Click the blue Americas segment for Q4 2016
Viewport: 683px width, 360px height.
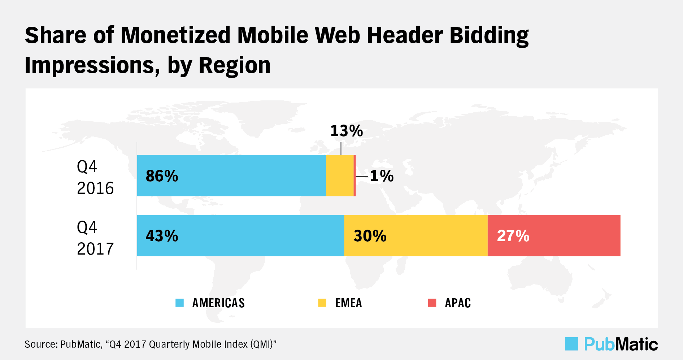(231, 175)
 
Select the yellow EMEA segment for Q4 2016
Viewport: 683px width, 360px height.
(339, 175)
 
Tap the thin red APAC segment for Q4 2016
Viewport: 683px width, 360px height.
(355, 175)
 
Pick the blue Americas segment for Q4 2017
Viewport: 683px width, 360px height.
(240, 235)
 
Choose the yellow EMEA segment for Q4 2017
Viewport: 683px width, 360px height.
(416, 235)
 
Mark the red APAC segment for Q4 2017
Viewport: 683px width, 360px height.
(554, 235)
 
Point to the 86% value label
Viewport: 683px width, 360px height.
(162, 176)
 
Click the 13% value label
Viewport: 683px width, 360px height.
(347, 131)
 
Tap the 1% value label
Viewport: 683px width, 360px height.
(382, 176)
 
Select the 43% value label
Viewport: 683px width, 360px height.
(162, 236)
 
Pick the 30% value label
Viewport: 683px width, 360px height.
(370, 236)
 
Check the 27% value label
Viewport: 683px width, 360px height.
(513, 236)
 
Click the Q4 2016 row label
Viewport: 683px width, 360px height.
(95, 177)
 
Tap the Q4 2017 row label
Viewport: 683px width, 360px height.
(95, 238)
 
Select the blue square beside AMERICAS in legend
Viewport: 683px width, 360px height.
(179, 303)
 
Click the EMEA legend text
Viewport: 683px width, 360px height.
(348, 303)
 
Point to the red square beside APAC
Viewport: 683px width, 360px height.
(432, 303)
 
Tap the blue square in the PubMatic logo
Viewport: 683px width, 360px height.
(571, 344)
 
